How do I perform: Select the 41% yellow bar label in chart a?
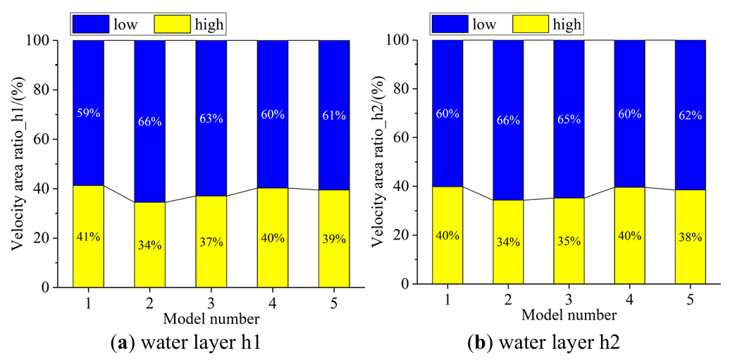pos(88,237)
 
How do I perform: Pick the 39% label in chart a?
pos(334,239)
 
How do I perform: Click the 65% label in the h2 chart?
pos(569,119)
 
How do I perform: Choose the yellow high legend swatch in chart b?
pos(538,25)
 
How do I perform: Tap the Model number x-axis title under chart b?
pos(569,314)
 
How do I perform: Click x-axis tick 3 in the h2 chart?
pos(569,299)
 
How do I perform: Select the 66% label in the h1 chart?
pos(149,121)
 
